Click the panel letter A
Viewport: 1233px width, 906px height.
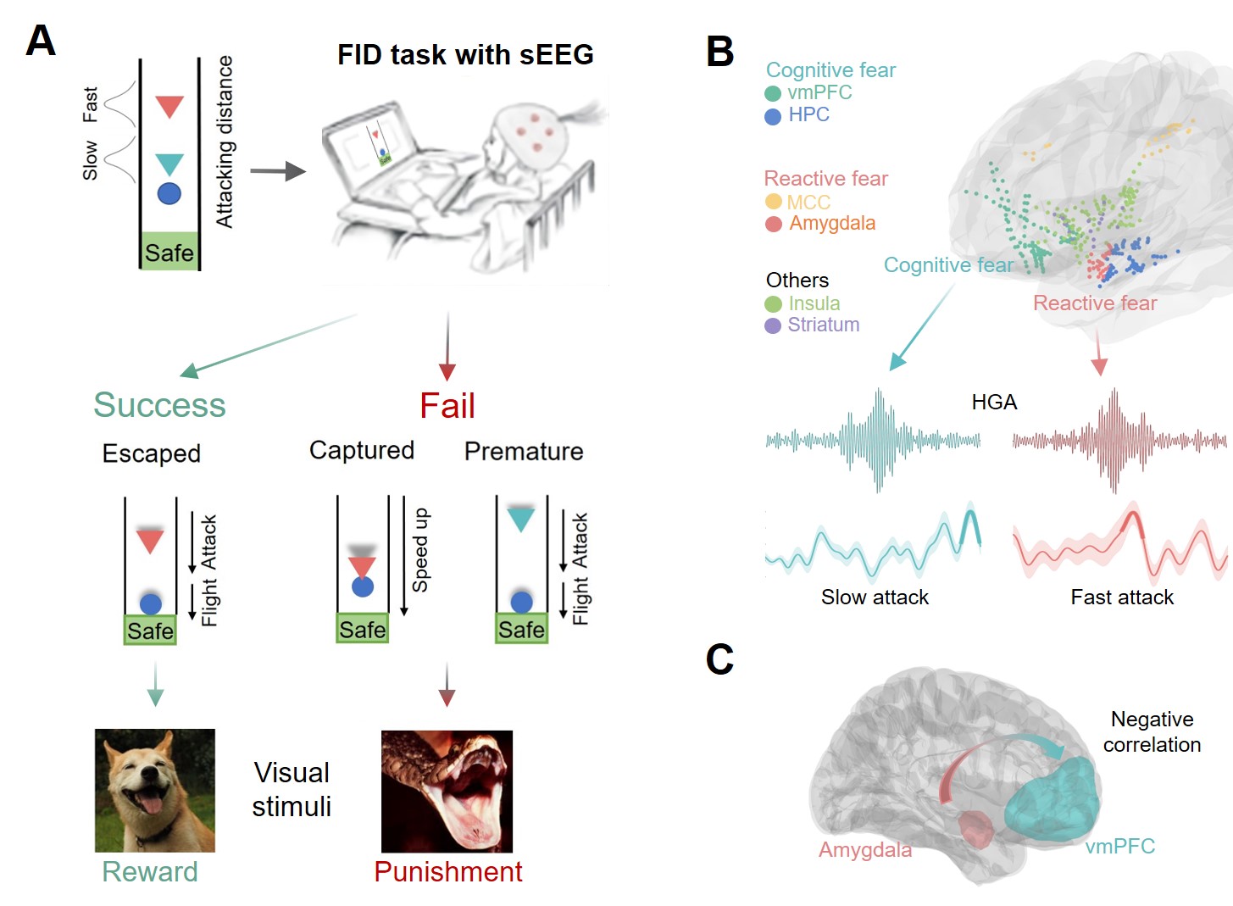pos(41,41)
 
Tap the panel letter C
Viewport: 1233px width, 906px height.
pos(719,659)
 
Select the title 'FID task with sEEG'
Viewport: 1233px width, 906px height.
pos(465,55)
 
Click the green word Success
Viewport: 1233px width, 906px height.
pos(159,405)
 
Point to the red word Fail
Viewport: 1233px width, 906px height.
pos(447,406)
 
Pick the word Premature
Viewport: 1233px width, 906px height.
pos(524,451)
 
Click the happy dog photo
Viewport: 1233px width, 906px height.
pos(155,790)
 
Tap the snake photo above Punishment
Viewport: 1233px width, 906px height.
pos(447,791)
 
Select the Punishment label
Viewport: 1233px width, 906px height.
pos(448,872)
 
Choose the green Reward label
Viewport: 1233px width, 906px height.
pos(150,872)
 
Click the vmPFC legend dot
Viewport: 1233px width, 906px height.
pos(773,93)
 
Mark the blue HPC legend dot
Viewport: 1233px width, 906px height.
pos(773,116)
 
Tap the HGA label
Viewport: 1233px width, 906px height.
pos(994,402)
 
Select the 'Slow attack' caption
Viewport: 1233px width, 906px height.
pos(875,598)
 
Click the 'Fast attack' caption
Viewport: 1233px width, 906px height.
pos(1122,598)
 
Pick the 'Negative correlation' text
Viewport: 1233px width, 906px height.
pos(1152,732)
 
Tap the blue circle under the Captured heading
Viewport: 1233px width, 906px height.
pos(363,586)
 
